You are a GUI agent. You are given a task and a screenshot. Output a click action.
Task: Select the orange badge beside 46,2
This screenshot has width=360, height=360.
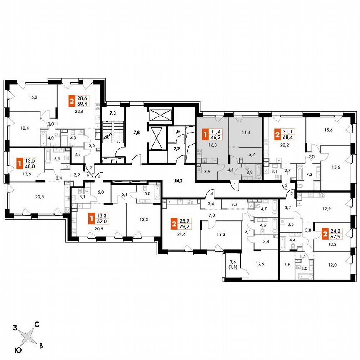[x=205, y=134]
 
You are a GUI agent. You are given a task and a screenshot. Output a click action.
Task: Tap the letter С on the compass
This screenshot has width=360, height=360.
[x=37, y=324]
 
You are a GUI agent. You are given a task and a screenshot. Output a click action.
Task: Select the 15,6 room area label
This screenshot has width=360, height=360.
[x=322, y=130]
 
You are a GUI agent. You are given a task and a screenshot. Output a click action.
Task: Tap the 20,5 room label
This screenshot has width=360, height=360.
[x=87, y=229]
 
